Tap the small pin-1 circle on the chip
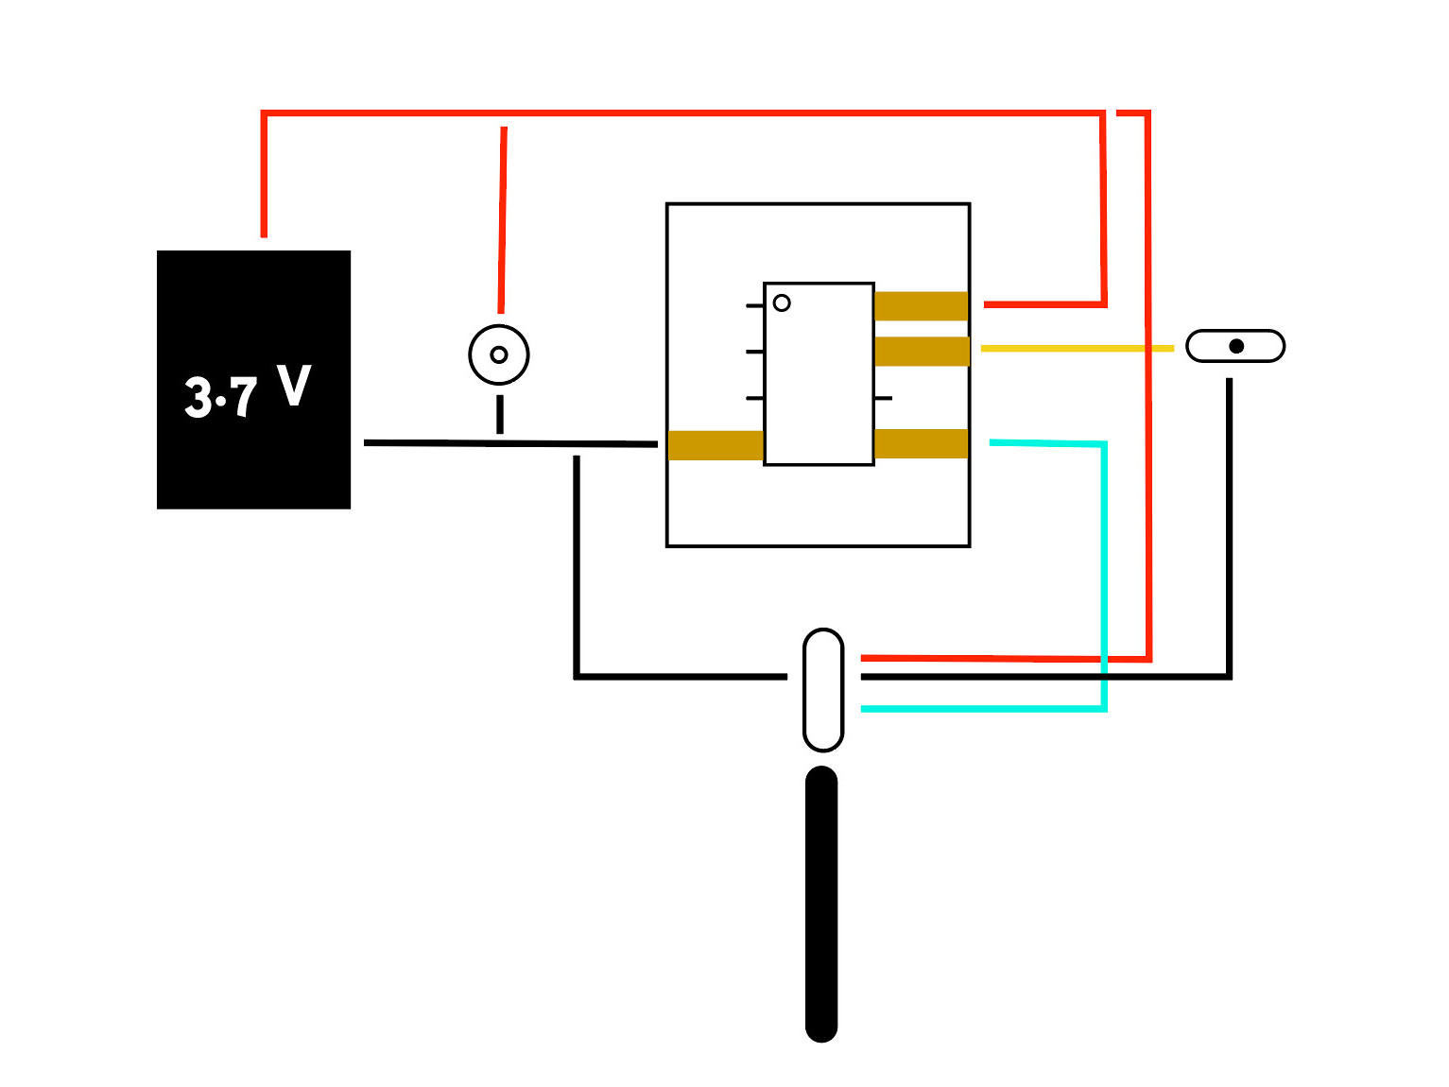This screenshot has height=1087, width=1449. click(x=782, y=302)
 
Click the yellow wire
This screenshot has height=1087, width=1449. click(x=1077, y=349)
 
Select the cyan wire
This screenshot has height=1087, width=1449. click(x=1104, y=574)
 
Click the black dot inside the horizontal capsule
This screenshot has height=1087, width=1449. click(x=1236, y=347)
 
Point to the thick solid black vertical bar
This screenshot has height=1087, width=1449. click(x=821, y=905)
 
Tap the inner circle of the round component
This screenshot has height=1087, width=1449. click(x=499, y=355)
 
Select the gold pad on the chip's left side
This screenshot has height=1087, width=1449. click(x=716, y=445)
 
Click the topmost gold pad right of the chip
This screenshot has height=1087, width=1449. click(x=921, y=306)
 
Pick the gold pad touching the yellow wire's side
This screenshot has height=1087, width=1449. click(x=923, y=351)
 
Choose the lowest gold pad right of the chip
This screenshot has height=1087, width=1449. click(x=921, y=443)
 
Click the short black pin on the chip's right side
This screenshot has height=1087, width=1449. click(x=883, y=399)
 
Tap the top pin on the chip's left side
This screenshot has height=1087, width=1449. click(x=754, y=306)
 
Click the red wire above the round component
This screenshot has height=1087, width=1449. click(x=502, y=220)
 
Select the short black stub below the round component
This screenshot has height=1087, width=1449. click(x=500, y=414)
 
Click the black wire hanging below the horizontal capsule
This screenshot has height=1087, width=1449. click(x=1229, y=528)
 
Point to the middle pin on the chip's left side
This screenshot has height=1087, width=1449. click(x=754, y=352)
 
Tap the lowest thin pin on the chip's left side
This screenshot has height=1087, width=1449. click(x=754, y=399)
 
